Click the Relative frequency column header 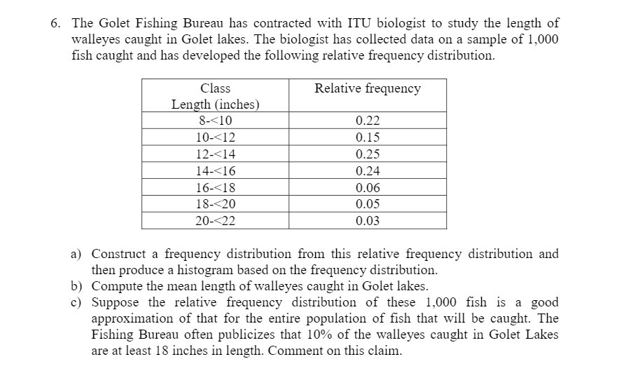click(x=367, y=88)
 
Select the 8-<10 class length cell click(x=215, y=120)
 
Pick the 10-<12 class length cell click(x=215, y=137)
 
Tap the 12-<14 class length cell click(x=215, y=154)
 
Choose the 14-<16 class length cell click(x=215, y=171)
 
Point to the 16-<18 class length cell click(x=215, y=188)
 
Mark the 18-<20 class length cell click(x=215, y=204)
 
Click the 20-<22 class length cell click(x=215, y=221)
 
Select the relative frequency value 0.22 click(x=368, y=120)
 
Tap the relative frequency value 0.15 click(x=368, y=137)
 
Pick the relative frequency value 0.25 click(x=368, y=154)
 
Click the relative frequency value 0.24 click(x=368, y=171)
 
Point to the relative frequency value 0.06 click(x=368, y=188)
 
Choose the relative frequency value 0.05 click(x=368, y=204)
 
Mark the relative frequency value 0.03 click(x=368, y=221)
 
